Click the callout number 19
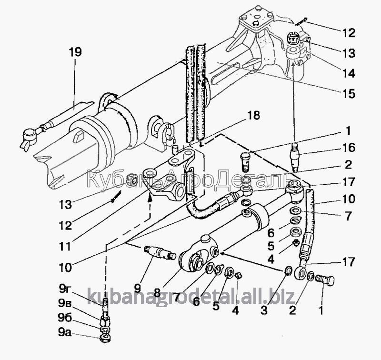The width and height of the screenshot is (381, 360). [x=75, y=52]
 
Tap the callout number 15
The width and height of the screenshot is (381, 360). [x=349, y=94]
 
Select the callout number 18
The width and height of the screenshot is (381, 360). [x=254, y=116]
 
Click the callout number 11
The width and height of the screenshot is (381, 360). [x=65, y=247]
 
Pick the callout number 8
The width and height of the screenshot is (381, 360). [x=157, y=293]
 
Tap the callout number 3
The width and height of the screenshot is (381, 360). [x=264, y=310]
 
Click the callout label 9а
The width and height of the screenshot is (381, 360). [x=65, y=332]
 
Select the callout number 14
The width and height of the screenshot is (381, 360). [x=349, y=73]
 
